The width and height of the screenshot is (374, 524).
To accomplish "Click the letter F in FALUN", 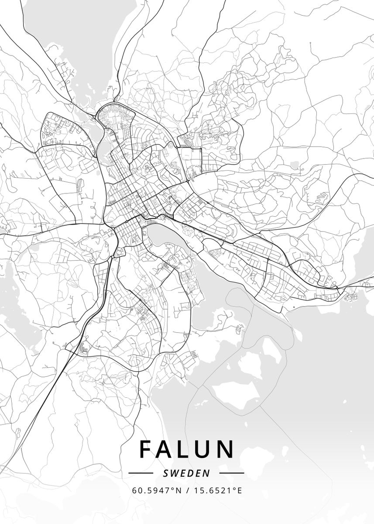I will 147,449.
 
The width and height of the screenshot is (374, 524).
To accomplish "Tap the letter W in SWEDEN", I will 173,473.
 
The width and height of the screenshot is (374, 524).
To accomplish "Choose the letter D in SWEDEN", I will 191,473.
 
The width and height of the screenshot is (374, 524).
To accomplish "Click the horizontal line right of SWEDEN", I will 231,473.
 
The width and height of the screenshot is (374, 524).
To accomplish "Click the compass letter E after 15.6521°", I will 239,490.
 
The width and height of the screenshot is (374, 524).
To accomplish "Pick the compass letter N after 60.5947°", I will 178,490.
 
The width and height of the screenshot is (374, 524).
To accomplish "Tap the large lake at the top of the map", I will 65,26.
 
